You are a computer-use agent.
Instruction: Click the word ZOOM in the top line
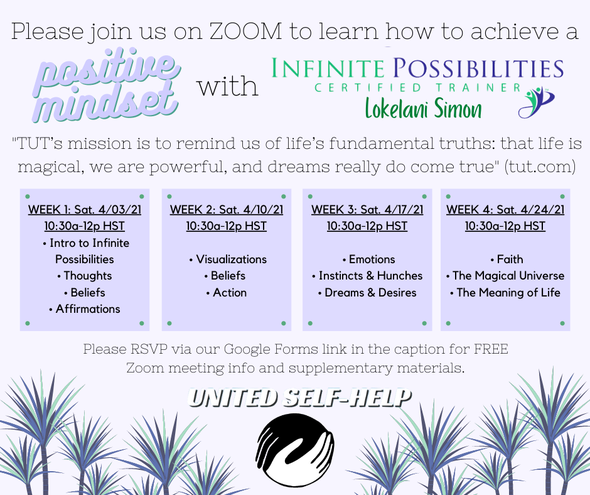point(245,31)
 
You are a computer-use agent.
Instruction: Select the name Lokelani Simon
point(423,108)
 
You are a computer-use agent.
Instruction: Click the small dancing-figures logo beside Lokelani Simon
point(536,102)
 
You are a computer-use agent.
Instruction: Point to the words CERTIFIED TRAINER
point(417,88)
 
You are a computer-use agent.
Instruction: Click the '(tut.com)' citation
point(540,166)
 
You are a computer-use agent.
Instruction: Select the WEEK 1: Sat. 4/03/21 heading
point(85,209)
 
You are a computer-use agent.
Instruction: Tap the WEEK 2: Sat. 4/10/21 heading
point(227,209)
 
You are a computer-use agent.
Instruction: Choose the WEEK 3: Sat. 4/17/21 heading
point(367,209)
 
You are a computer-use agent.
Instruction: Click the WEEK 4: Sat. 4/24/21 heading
point(505,209)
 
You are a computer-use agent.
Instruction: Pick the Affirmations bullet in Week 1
point(85,309)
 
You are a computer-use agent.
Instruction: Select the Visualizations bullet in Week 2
point(228,259)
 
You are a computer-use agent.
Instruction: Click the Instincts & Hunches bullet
point(367,276)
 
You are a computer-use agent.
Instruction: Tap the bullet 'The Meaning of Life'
point(505,292)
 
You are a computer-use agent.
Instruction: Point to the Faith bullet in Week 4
point(507,259)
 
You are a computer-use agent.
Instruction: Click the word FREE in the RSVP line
point(491,349)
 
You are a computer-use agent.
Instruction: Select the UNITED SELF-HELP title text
point(299,398)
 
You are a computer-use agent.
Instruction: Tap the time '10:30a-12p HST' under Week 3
point(367,226)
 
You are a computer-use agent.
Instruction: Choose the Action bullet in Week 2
point(227,292)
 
